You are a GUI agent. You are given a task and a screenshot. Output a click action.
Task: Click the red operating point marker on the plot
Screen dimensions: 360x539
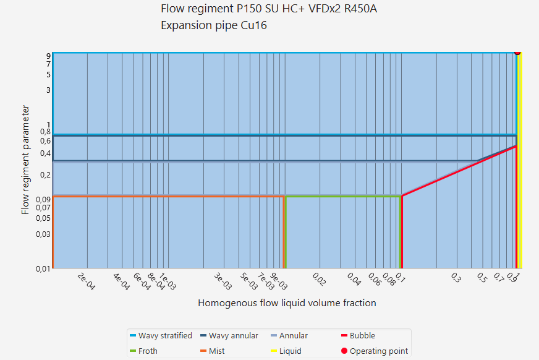pyautogui.click(x=517, y=53)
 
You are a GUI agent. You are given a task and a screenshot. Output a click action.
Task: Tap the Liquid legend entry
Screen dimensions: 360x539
pyautogui.click(x=290, y=351)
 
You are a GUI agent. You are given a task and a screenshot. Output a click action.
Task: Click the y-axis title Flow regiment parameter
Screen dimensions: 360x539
pyautogui.click(x=25, y=160)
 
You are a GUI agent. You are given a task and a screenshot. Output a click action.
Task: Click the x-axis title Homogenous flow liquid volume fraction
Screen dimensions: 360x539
pyautogui.click(x=287, y=303)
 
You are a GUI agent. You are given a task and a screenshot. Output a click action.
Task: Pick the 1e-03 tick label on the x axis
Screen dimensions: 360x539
pyautogui.click(x=167, y=282)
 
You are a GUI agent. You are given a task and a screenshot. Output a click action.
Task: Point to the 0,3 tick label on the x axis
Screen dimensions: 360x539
pyautogui.click(x=455, y=278)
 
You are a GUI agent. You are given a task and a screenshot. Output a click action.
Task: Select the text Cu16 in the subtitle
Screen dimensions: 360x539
pyautogui.click(x=255, y=26)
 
